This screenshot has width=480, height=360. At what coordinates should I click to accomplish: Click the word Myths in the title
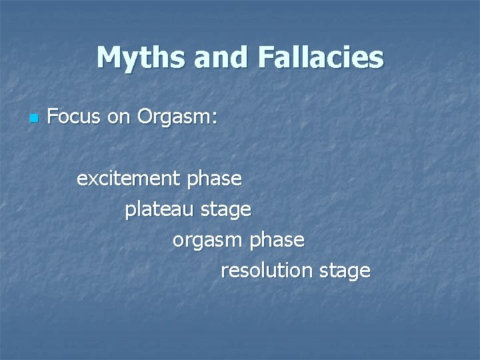click(141, 58)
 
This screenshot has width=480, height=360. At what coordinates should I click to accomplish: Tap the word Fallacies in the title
click(320, 58)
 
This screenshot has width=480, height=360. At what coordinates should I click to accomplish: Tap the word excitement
click(129, 179)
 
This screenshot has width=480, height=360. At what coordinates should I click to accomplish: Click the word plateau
click(157, 210)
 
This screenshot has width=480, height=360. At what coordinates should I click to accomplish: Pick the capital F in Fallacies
click(266, 58)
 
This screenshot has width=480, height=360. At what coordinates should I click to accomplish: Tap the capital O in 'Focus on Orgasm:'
click(145, 118)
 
